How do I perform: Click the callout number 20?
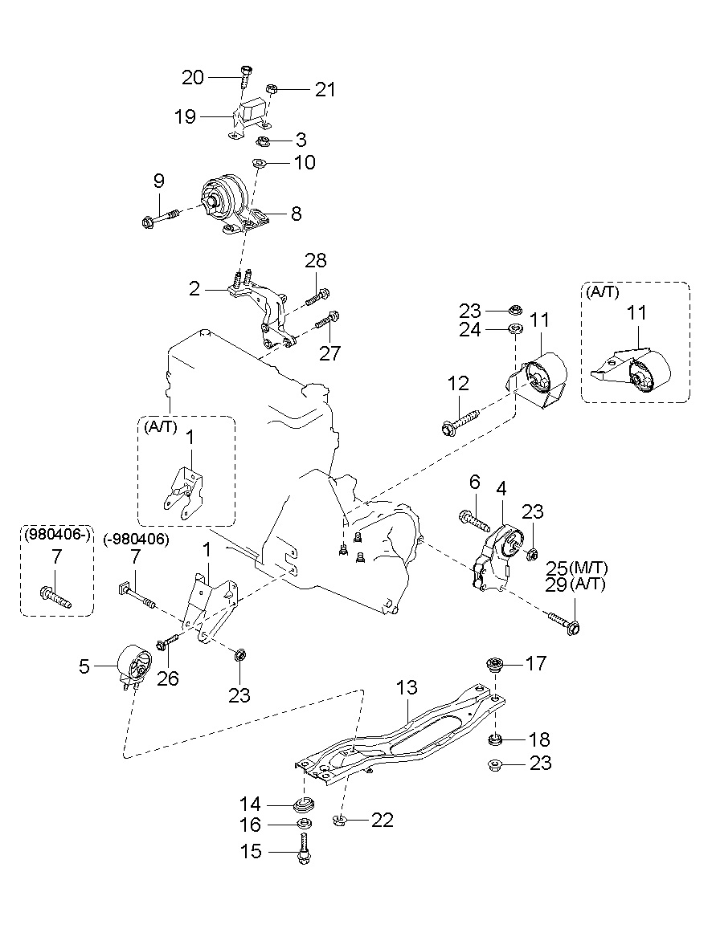pyautogui.click(x=193, y=77)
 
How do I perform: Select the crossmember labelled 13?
pyautogui.click(x=400, y=737)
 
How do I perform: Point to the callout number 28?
pyautogui.click(x=316, y=260)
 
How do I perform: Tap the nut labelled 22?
pyautogui.click(x=339, y=820)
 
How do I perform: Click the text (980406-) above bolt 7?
pyautogui.click(x=57, y=535)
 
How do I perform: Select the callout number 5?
pyautogui.click(x=84, y=666)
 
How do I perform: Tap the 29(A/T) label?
pyautogui.click(x=575, y=584)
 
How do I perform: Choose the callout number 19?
pyautogui.click(x=186, y=116)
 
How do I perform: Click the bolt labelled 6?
pyautogui.click(x=475, y=520)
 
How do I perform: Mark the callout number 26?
pyautogui.click(x=168, y=678)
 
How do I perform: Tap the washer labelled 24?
pyautogui.click(x=516, y=329)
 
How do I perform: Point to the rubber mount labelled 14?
pyautogui.click(x=304, y=805)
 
